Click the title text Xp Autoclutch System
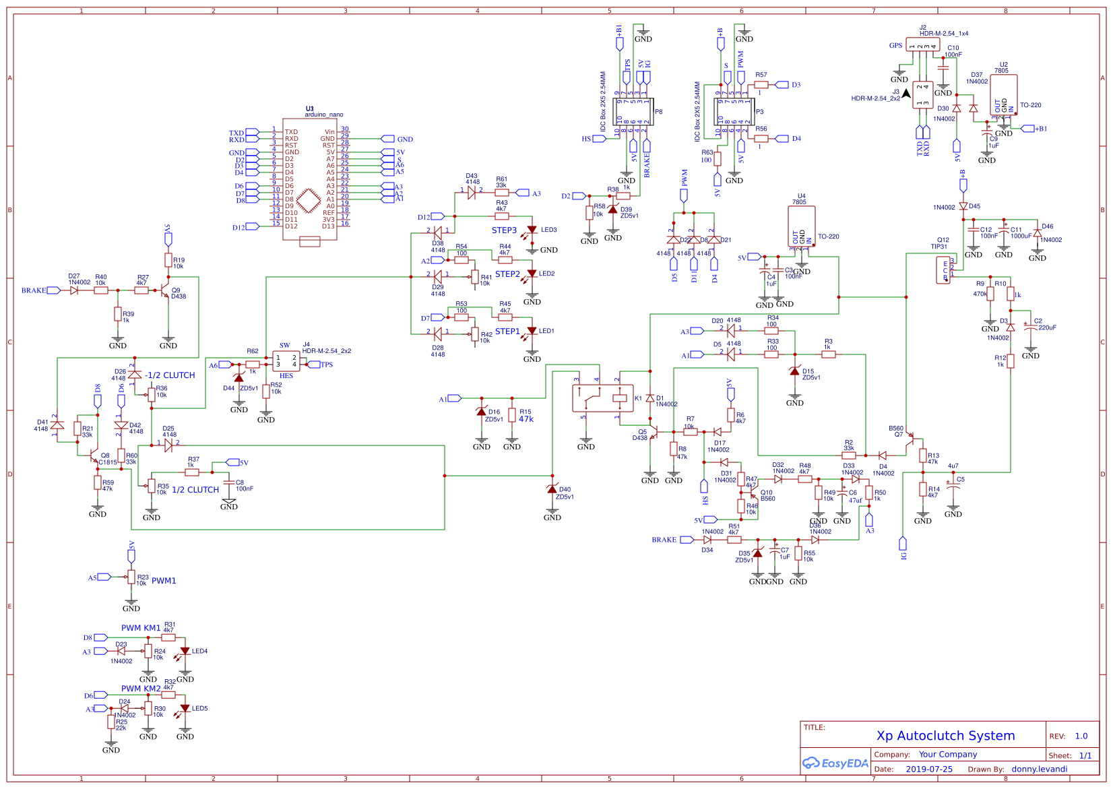coord(945,736)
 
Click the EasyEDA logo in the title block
coord(835,763)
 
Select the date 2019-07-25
coord(928,769)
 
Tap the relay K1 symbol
coord(602,398)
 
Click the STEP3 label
coord(504,230)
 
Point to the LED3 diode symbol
coord(532,230)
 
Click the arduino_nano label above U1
coord(323,115)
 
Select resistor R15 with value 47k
coord(512,416)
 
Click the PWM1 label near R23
coord(164,581)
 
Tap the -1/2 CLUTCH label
coord(170,375)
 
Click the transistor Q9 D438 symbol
coord(166,290)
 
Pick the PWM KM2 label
coord(141,689)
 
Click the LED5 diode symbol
coord(185,709)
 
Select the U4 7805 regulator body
coord(801,227)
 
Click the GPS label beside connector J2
coord(895,46)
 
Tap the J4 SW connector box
coord(286,361)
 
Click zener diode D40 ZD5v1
coord(552,490)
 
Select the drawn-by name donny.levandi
coord(1039,769)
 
